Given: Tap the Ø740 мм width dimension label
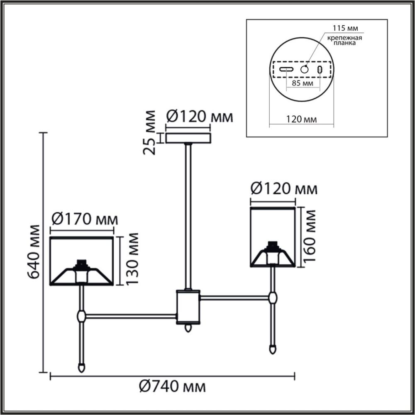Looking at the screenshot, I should click(172, 387).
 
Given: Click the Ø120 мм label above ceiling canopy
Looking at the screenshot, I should click(199, 117).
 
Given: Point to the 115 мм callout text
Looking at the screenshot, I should click(345, 28).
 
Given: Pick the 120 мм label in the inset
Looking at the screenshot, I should click(302, 120).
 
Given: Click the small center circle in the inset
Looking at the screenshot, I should click(305, 69).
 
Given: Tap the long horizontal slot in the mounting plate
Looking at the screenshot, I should click(286, 69).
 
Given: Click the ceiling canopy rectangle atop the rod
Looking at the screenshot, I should click(188, 138).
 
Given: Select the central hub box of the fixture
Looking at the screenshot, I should click(188, 307).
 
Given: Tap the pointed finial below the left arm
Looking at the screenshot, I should click(81, 367).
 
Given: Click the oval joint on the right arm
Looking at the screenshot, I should click(273, 298).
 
